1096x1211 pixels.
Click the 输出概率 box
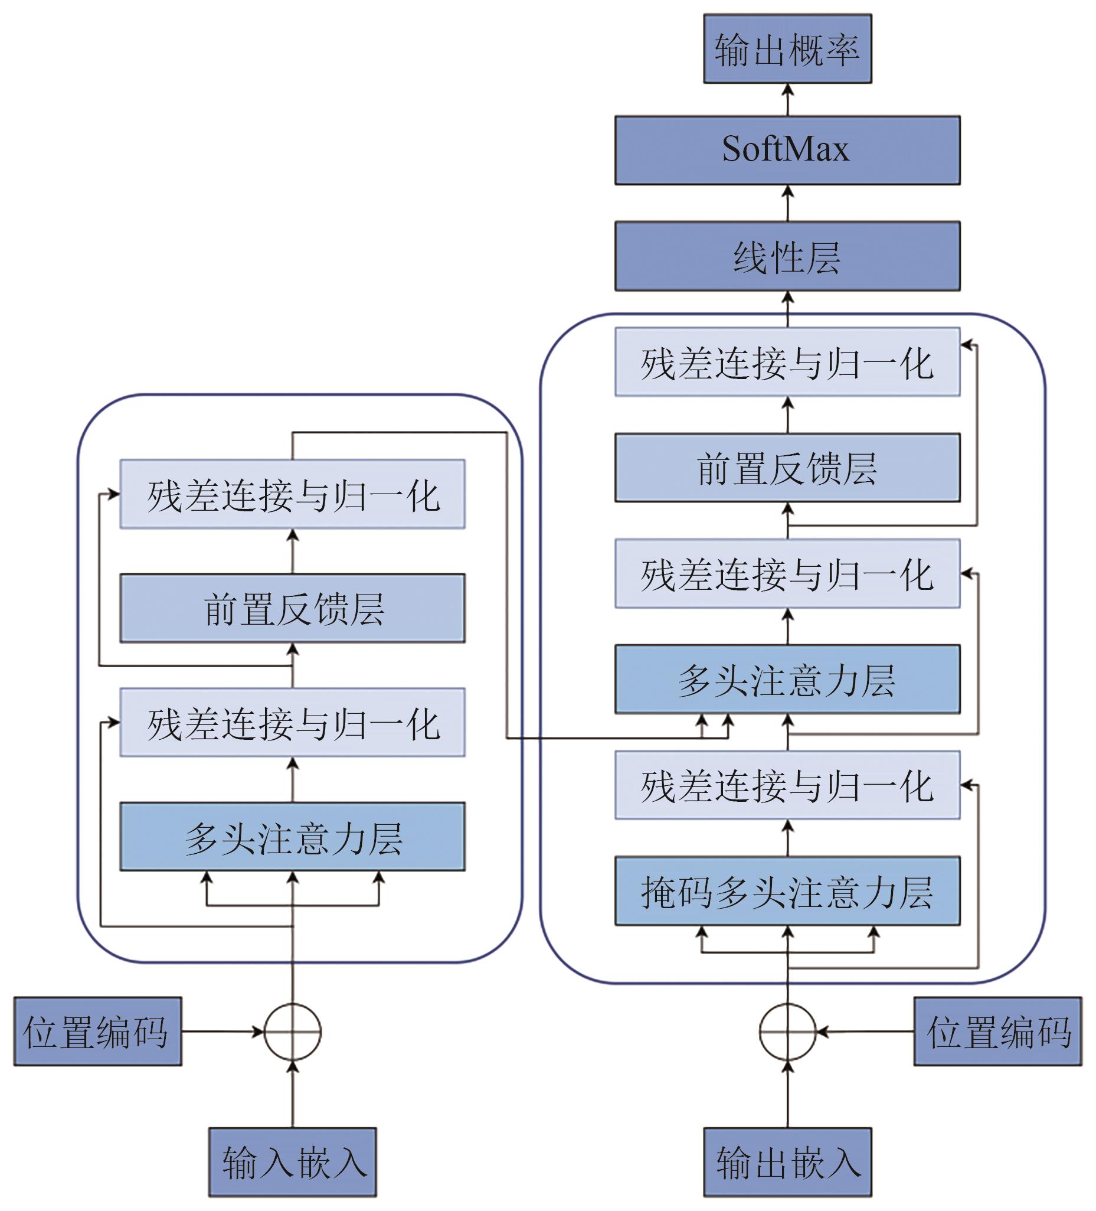(787, 49)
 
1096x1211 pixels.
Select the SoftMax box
(787, 150)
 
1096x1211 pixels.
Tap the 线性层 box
(787, 256)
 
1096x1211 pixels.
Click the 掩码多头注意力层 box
(787, 891)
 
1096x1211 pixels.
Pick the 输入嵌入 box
(293, 1162)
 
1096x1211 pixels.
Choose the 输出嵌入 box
(787, 1162)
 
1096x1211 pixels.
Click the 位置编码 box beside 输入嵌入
(97, 1032)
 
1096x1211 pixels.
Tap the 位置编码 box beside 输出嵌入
(997, 1032)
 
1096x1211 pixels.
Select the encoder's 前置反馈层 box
(293, 608)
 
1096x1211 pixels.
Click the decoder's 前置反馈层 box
(787, 468)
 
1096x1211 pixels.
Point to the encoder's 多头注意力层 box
(293, 837)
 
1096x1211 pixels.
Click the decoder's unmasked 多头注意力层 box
(787, 680)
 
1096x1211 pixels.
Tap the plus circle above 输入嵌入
(293, 1032)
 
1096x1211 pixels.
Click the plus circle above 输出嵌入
(787, 1032)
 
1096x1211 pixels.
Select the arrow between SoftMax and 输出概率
(787, 100)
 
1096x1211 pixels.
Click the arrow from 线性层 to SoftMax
(787, 203)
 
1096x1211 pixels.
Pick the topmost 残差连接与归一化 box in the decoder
(787, 362)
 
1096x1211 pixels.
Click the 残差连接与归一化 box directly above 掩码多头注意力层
(787, 785)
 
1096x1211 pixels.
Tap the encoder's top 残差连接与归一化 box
(293, 494)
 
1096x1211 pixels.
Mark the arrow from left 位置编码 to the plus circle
(222, 1032)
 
